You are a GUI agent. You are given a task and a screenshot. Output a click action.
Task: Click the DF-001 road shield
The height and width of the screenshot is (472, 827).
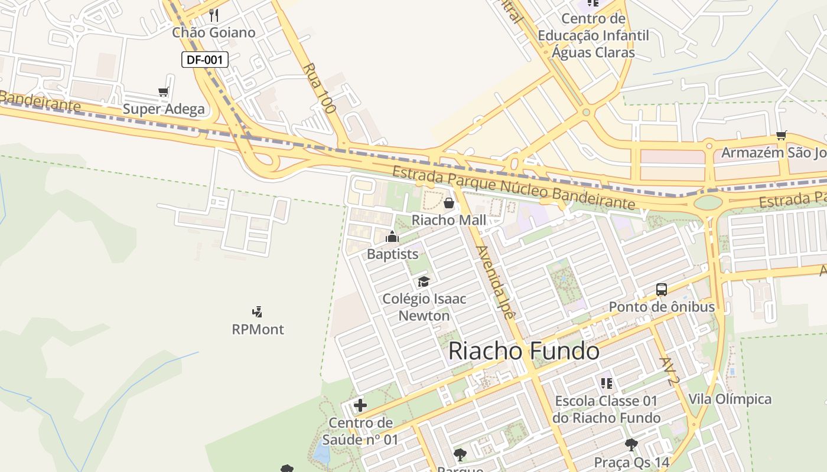(204, 59)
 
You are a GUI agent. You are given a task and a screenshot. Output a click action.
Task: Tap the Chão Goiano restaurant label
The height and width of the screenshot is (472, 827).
(214, 32)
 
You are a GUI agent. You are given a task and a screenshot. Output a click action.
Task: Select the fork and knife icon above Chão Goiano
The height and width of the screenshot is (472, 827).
(214, 15)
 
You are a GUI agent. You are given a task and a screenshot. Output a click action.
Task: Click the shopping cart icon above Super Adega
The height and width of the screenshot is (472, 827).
(164, 91)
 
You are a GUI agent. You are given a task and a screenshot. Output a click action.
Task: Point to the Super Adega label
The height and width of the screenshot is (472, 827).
(164, 109)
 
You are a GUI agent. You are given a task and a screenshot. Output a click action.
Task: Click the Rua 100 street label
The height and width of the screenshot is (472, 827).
(319, 88)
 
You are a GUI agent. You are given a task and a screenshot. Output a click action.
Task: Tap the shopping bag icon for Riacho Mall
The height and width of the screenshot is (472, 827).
(449, 204)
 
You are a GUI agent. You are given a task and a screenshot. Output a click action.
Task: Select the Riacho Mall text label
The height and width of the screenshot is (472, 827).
(449, 220)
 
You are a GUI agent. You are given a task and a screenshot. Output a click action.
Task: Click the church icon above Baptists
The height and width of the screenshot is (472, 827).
(392, 237)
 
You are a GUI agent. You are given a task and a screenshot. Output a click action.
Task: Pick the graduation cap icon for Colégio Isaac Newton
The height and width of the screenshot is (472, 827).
(424, 281)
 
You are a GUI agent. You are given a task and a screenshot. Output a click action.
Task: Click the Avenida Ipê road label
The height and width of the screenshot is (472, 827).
(496, 284)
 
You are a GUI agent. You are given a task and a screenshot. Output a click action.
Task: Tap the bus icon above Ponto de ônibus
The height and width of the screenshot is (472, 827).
(662, 290)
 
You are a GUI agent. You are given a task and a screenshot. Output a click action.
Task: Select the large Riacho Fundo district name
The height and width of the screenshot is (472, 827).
(524, 351)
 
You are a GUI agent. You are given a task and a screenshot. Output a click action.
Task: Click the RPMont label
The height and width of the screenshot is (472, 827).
(258, 329)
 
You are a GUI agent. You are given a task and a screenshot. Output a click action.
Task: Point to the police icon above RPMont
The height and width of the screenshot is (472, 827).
(257, 312)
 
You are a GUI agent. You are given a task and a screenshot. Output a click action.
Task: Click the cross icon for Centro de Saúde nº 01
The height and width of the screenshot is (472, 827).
(360, 405)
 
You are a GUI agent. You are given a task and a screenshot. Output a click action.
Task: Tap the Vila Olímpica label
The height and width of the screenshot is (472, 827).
(730, 399)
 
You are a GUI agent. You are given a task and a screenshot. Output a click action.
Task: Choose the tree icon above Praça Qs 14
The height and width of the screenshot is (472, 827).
(631, 445)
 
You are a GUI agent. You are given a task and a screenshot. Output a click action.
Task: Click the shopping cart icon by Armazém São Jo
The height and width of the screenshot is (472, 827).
(782, 136)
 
